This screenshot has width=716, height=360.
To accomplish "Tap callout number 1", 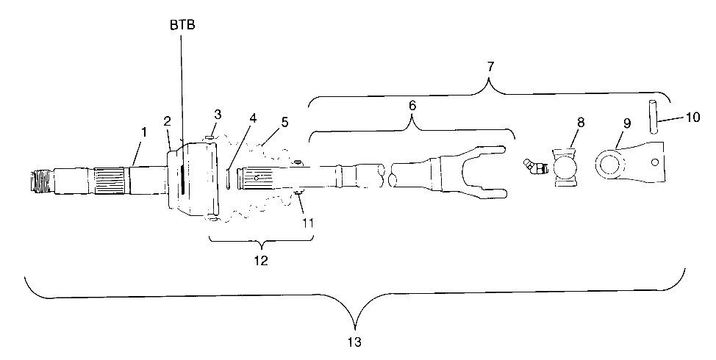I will coord(144,132).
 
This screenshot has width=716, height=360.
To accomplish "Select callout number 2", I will coord(167,120).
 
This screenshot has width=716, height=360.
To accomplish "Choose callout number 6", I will coord(412,105).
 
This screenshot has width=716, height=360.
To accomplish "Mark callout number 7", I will coord(490,66).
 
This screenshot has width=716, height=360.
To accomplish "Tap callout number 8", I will coord(580,121).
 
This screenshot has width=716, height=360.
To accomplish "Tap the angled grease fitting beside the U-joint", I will coord(534,168).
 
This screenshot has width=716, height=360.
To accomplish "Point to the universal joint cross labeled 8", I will coord(567,168).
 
